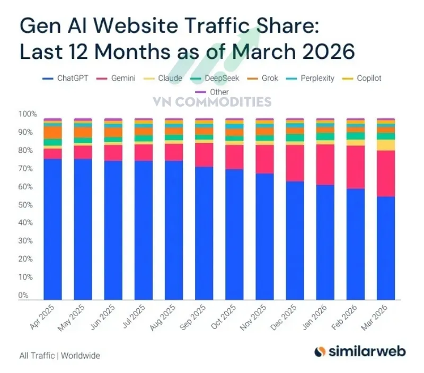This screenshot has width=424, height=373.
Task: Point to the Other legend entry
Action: click(212, 92)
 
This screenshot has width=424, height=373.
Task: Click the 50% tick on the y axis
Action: click(26, 205)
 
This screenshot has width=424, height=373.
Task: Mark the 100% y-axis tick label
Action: click(28, 114)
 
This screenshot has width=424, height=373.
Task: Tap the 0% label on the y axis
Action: click(24, 295)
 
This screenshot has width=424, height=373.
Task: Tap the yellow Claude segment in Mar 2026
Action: click(386, 145)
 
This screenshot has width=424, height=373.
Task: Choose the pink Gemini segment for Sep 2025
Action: click(204, 155)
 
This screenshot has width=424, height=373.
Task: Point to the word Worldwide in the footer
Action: click(80, 355)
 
